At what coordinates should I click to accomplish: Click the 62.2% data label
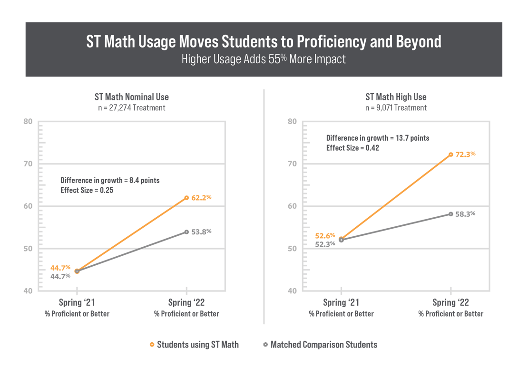201,198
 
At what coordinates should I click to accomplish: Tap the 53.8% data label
201,232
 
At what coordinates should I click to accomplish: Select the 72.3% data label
465,155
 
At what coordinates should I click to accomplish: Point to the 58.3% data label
465,214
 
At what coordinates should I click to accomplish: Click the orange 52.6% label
325,235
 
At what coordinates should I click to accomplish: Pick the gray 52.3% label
325,244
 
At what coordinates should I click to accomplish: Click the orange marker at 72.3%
450,155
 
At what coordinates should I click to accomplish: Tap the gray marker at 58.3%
450,214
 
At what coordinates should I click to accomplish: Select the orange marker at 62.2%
186,198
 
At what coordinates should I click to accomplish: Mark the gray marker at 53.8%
186,232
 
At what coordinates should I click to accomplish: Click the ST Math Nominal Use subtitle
132,97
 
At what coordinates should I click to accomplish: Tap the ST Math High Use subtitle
396,97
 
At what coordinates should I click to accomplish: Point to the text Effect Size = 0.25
88,190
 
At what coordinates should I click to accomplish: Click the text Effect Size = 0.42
352,148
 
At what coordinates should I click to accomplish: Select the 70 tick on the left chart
28,164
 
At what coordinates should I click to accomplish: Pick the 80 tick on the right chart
292,121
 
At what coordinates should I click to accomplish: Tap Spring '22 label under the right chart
450,303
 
